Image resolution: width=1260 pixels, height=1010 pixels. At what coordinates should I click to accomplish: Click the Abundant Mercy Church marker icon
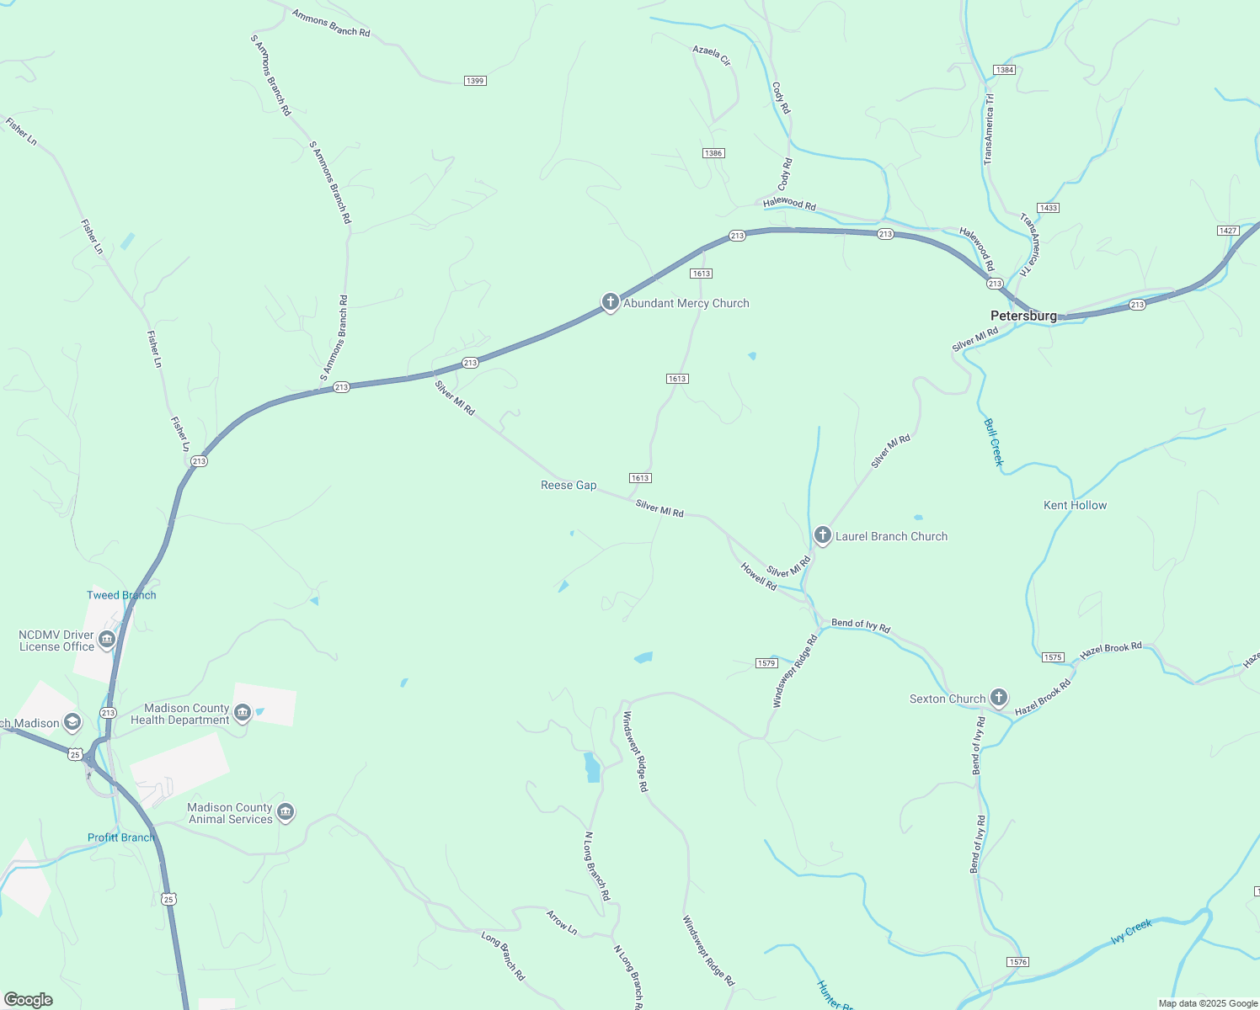click(x=611, y=302)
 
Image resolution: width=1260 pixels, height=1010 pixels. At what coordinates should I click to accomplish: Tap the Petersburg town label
click(x=1023, y=316)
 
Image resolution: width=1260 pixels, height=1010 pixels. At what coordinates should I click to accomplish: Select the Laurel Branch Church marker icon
click(x=823, y=535)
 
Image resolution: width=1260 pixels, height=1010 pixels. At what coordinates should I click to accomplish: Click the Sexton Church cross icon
click(x=998, y=698)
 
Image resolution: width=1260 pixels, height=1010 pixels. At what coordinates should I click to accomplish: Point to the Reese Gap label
click(x=569, y=485)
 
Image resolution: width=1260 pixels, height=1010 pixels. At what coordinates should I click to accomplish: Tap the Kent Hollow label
click(x=1075, y=505)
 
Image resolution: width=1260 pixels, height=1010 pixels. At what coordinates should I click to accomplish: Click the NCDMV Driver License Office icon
click(x=107, y=640)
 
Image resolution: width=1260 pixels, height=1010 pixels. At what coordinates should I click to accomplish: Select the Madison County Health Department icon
click(x=243, y=713)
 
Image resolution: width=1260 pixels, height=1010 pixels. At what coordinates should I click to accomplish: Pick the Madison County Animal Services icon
click(x=286, y=812)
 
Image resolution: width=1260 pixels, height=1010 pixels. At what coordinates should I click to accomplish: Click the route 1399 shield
click(x=475, y=81)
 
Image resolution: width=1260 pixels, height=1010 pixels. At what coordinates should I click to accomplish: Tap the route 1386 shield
click(x=713, y=153)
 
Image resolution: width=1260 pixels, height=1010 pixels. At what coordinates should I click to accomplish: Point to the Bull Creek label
click(x=994, y=442)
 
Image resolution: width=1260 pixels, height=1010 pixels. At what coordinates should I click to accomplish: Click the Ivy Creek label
click(x=1131, y=931)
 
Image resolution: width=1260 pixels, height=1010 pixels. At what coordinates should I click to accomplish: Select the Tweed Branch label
click(x=121, y=595)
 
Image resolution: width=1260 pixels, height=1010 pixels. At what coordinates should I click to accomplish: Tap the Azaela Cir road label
click(x=712, y=56)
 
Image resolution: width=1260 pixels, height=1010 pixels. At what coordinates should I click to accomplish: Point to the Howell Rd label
click(x=758, y=577)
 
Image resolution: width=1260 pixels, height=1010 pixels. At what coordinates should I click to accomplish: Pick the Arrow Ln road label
click(x=562, y=922)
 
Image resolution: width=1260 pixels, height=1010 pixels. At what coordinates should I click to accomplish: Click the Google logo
click(x=29, y=1000)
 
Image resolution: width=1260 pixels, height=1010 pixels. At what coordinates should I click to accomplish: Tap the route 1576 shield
click(x=1017, y=961)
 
